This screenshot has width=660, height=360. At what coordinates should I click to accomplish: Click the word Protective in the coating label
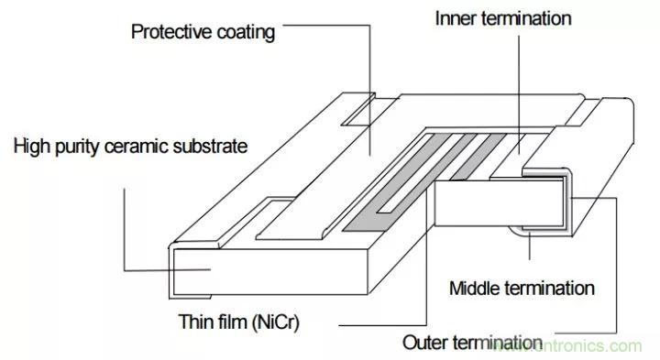coord(171,32)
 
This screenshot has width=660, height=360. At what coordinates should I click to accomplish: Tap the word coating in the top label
coord(246,33)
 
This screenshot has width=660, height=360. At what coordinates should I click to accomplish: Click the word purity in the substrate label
coord(79,147)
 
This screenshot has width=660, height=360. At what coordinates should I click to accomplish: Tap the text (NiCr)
coord(275,323)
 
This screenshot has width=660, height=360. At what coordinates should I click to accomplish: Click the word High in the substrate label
coord(33,147)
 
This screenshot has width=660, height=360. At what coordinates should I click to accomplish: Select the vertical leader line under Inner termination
coord(519,95)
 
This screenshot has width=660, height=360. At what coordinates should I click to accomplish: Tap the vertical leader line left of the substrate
coord(124,230)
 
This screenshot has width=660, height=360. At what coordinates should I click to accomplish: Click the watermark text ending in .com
coord(568,345)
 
